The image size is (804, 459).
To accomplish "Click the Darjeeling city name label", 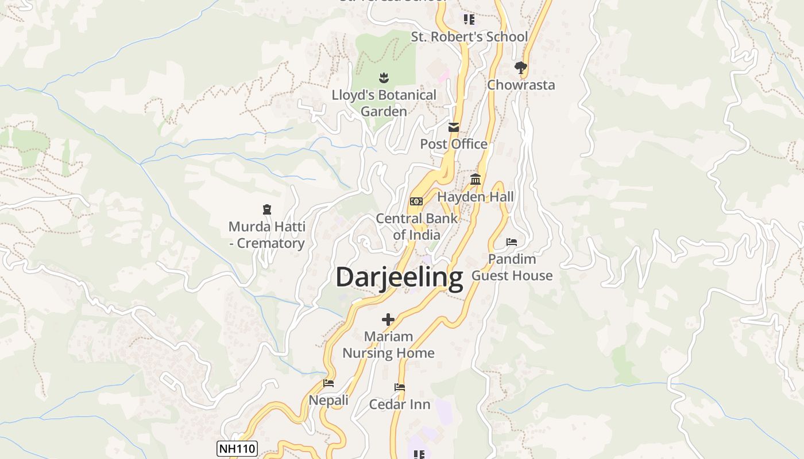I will point(399,277).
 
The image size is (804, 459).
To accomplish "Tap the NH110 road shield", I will point(237,449).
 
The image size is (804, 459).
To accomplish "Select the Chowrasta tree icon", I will point(521,68).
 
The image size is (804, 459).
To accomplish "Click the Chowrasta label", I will point(521,85).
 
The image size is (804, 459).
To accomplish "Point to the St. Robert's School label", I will point(469,37).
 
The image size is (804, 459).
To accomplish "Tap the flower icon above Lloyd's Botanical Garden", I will point(384,77).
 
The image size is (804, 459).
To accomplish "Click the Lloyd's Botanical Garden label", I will point(384,103).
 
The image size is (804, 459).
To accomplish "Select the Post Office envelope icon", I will point(454,127).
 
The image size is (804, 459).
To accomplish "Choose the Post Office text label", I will point(454,144).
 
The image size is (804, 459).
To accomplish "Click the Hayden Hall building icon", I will point(476,180).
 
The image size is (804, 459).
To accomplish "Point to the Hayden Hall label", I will point(476,197).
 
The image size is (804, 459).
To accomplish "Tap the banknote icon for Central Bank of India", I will point(416,201).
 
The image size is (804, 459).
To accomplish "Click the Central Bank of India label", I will point(416,227).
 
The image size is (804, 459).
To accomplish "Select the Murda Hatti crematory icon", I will point(266,209).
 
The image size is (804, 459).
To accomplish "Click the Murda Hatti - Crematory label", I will point(266,235).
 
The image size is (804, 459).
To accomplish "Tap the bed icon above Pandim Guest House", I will point(512,242).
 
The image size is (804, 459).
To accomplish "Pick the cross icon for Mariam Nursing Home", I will point(388,320).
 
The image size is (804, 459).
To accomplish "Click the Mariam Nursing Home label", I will point(388,345).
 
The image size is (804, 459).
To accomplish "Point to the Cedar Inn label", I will point(400,404).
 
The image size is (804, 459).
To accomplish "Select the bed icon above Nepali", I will point(328,383).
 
